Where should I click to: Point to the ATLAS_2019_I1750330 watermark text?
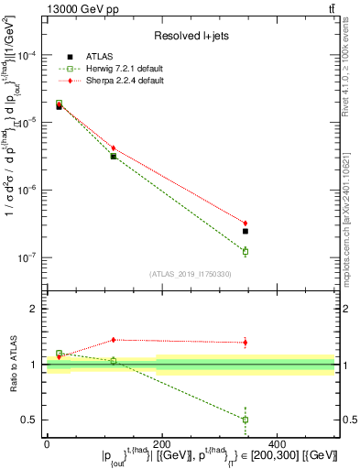tap(191, 274)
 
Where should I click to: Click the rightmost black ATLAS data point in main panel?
tap(245, 231)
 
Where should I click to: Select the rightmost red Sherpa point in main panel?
tap(245, 223)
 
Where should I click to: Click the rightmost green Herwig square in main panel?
tap(245, 251)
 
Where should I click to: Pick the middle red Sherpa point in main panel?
tap(114, 147)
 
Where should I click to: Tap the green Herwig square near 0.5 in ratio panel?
tap(245, 420)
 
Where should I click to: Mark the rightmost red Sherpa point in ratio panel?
tap(245, 343)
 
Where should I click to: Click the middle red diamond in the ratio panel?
tap(114, 340)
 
